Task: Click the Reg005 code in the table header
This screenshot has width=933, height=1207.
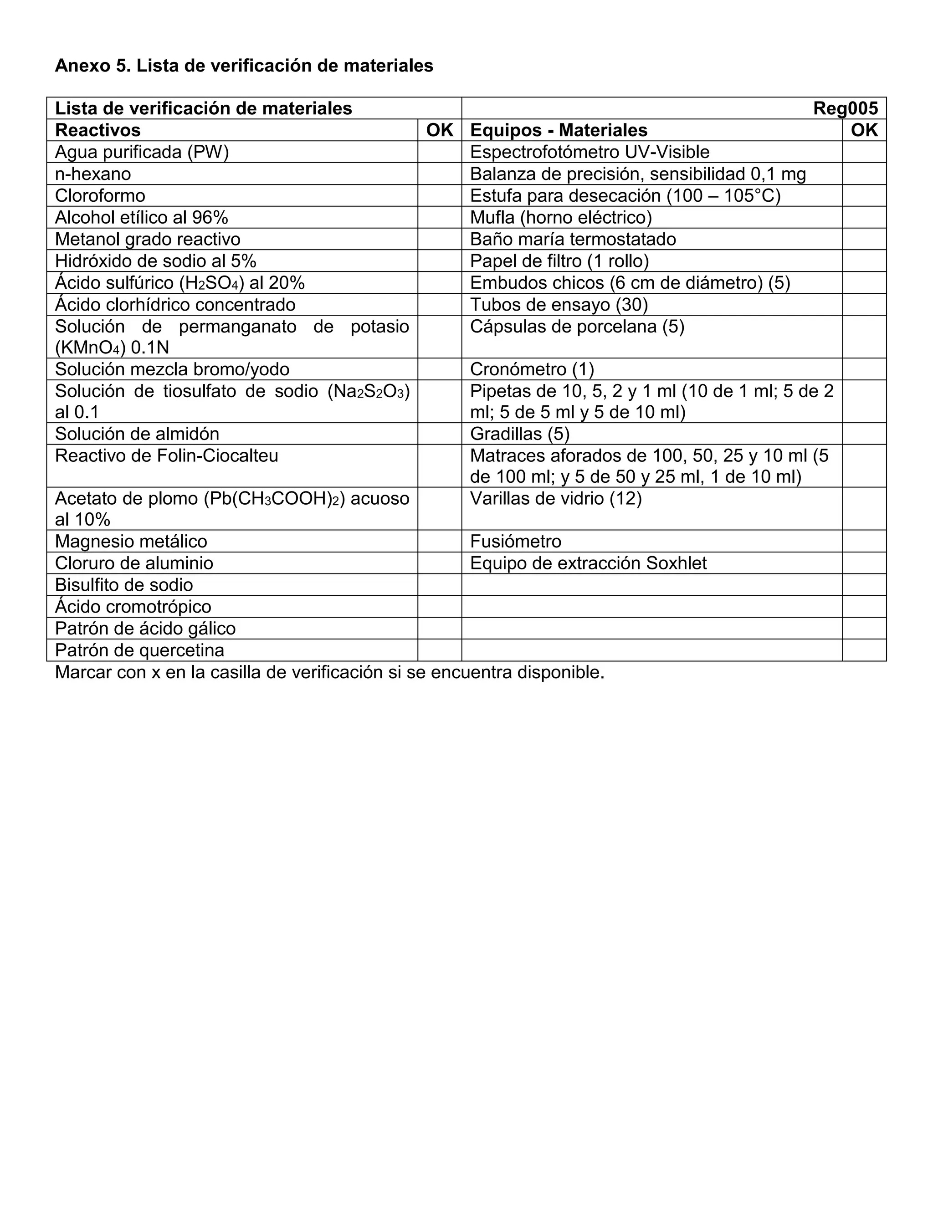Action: [x=845, y=108]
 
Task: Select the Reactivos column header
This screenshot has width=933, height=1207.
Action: [x=98, y=130]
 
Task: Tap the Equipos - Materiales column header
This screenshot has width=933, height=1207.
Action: [x=558, y=130]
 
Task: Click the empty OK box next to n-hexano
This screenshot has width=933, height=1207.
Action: [x=440, y=174]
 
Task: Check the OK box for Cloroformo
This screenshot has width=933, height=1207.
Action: [x=440, y=196]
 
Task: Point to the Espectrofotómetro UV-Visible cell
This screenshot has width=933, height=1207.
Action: [x=589, y=152]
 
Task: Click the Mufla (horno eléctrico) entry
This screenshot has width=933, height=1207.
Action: [x=560, y=218]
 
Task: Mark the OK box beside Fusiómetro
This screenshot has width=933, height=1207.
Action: [x=864, y=541]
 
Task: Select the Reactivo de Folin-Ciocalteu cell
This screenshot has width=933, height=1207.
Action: [x=166, y=456]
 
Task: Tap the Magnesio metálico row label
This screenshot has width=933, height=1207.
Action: [x=131, y=541]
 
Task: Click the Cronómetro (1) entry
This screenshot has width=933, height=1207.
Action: [x=532, y=369]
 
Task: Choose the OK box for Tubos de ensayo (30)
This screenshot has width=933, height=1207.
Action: [x=864, y=305]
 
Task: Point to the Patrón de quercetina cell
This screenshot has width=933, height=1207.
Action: [x=139, y=650]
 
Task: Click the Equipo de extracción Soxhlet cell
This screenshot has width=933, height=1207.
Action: [x=588, y=563]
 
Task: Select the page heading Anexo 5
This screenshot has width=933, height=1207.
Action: [x=244, y=66]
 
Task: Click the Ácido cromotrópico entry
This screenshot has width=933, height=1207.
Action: [x=133, y=607]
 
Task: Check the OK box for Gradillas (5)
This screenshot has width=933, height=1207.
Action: [x=864, y=434]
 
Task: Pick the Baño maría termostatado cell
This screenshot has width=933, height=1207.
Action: [x=573, y=239]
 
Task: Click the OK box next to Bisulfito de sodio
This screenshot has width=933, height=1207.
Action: [x=440, y=585]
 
